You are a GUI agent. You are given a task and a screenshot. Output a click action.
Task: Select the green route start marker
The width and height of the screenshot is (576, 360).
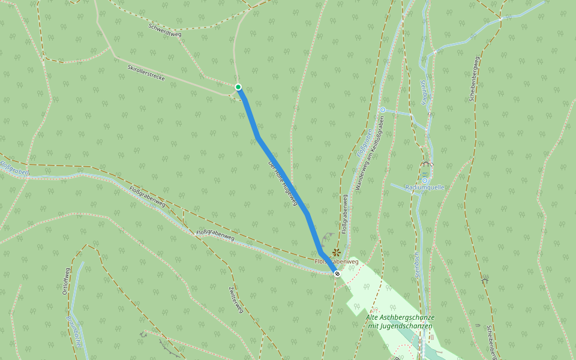tap(238, 87)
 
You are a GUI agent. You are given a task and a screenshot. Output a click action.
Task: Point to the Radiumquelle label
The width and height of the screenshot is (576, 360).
tap(425, 187)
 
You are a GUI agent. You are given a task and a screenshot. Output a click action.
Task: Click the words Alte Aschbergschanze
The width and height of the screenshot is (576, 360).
tap(400, 317)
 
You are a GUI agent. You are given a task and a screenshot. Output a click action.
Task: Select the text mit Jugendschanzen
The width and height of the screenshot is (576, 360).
tap(400, 326)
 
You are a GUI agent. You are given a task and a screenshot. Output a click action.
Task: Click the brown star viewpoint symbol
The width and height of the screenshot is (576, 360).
tap(337, 253)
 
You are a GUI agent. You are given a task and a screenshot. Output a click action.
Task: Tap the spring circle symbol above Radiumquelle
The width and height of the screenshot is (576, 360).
tap(425, 179)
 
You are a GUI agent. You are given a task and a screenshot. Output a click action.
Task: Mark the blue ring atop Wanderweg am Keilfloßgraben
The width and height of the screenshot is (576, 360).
tap(382, 110)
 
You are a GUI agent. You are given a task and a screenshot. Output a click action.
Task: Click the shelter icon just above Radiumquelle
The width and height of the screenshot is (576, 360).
tap(427, 163)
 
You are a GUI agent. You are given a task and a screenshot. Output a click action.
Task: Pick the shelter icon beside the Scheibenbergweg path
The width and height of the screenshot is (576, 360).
tap(484, 280)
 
